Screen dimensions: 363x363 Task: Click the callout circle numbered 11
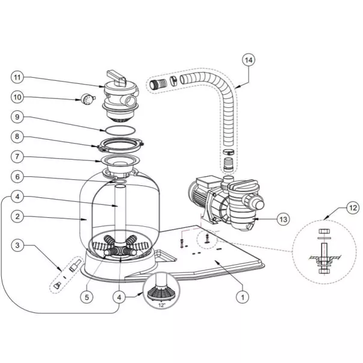tap(18, 77)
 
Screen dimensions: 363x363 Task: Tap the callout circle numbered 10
tap(18, 96)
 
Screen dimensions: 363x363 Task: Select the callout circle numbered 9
tap(18, 117)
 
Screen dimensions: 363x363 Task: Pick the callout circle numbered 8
tap(18, 137)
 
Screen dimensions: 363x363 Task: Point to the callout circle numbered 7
tap(18, 157)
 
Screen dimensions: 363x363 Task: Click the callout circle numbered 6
tap(18, 176)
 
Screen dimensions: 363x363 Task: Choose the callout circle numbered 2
tap(18, 216)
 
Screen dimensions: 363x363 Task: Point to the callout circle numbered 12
tap(353, 209)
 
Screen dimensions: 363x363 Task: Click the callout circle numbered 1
tap(241, 296)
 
